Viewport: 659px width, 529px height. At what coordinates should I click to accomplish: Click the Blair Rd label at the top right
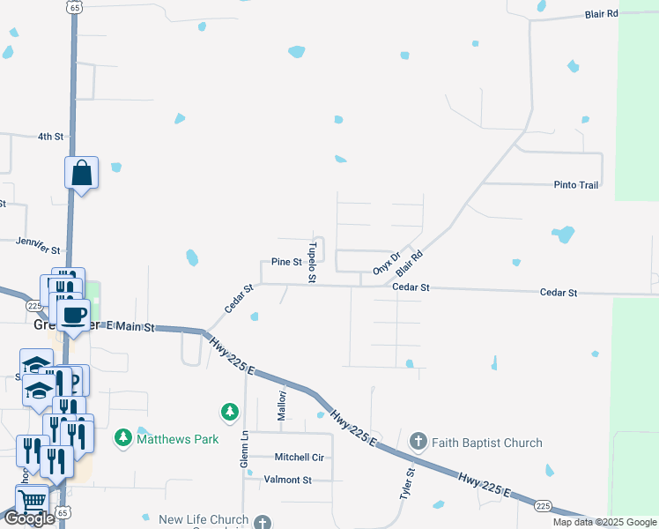[x=603, y=14]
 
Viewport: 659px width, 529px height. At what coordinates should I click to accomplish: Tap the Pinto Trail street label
[x=576, y=185]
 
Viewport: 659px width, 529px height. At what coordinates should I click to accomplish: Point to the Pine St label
[x=286, y=262]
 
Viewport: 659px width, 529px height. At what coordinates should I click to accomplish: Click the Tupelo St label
[x=311, y=263]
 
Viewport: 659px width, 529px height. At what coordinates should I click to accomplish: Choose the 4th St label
[x=51, y=137]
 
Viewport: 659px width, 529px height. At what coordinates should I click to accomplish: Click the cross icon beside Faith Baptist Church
[x=418, y=441]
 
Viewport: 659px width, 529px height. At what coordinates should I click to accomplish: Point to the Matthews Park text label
[x=177, y=437]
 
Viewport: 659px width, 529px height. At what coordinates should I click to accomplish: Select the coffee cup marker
[x=74, y=313]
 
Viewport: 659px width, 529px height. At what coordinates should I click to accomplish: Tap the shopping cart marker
[x=33, y=500]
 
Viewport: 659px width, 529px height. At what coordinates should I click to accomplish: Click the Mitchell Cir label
[x=299, y=458]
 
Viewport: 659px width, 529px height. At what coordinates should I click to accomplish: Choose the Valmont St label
[x=288, y=480]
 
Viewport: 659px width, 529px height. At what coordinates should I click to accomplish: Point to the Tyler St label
[x=410, y=484]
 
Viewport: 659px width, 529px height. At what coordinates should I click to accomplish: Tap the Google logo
[x=29, y=518]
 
